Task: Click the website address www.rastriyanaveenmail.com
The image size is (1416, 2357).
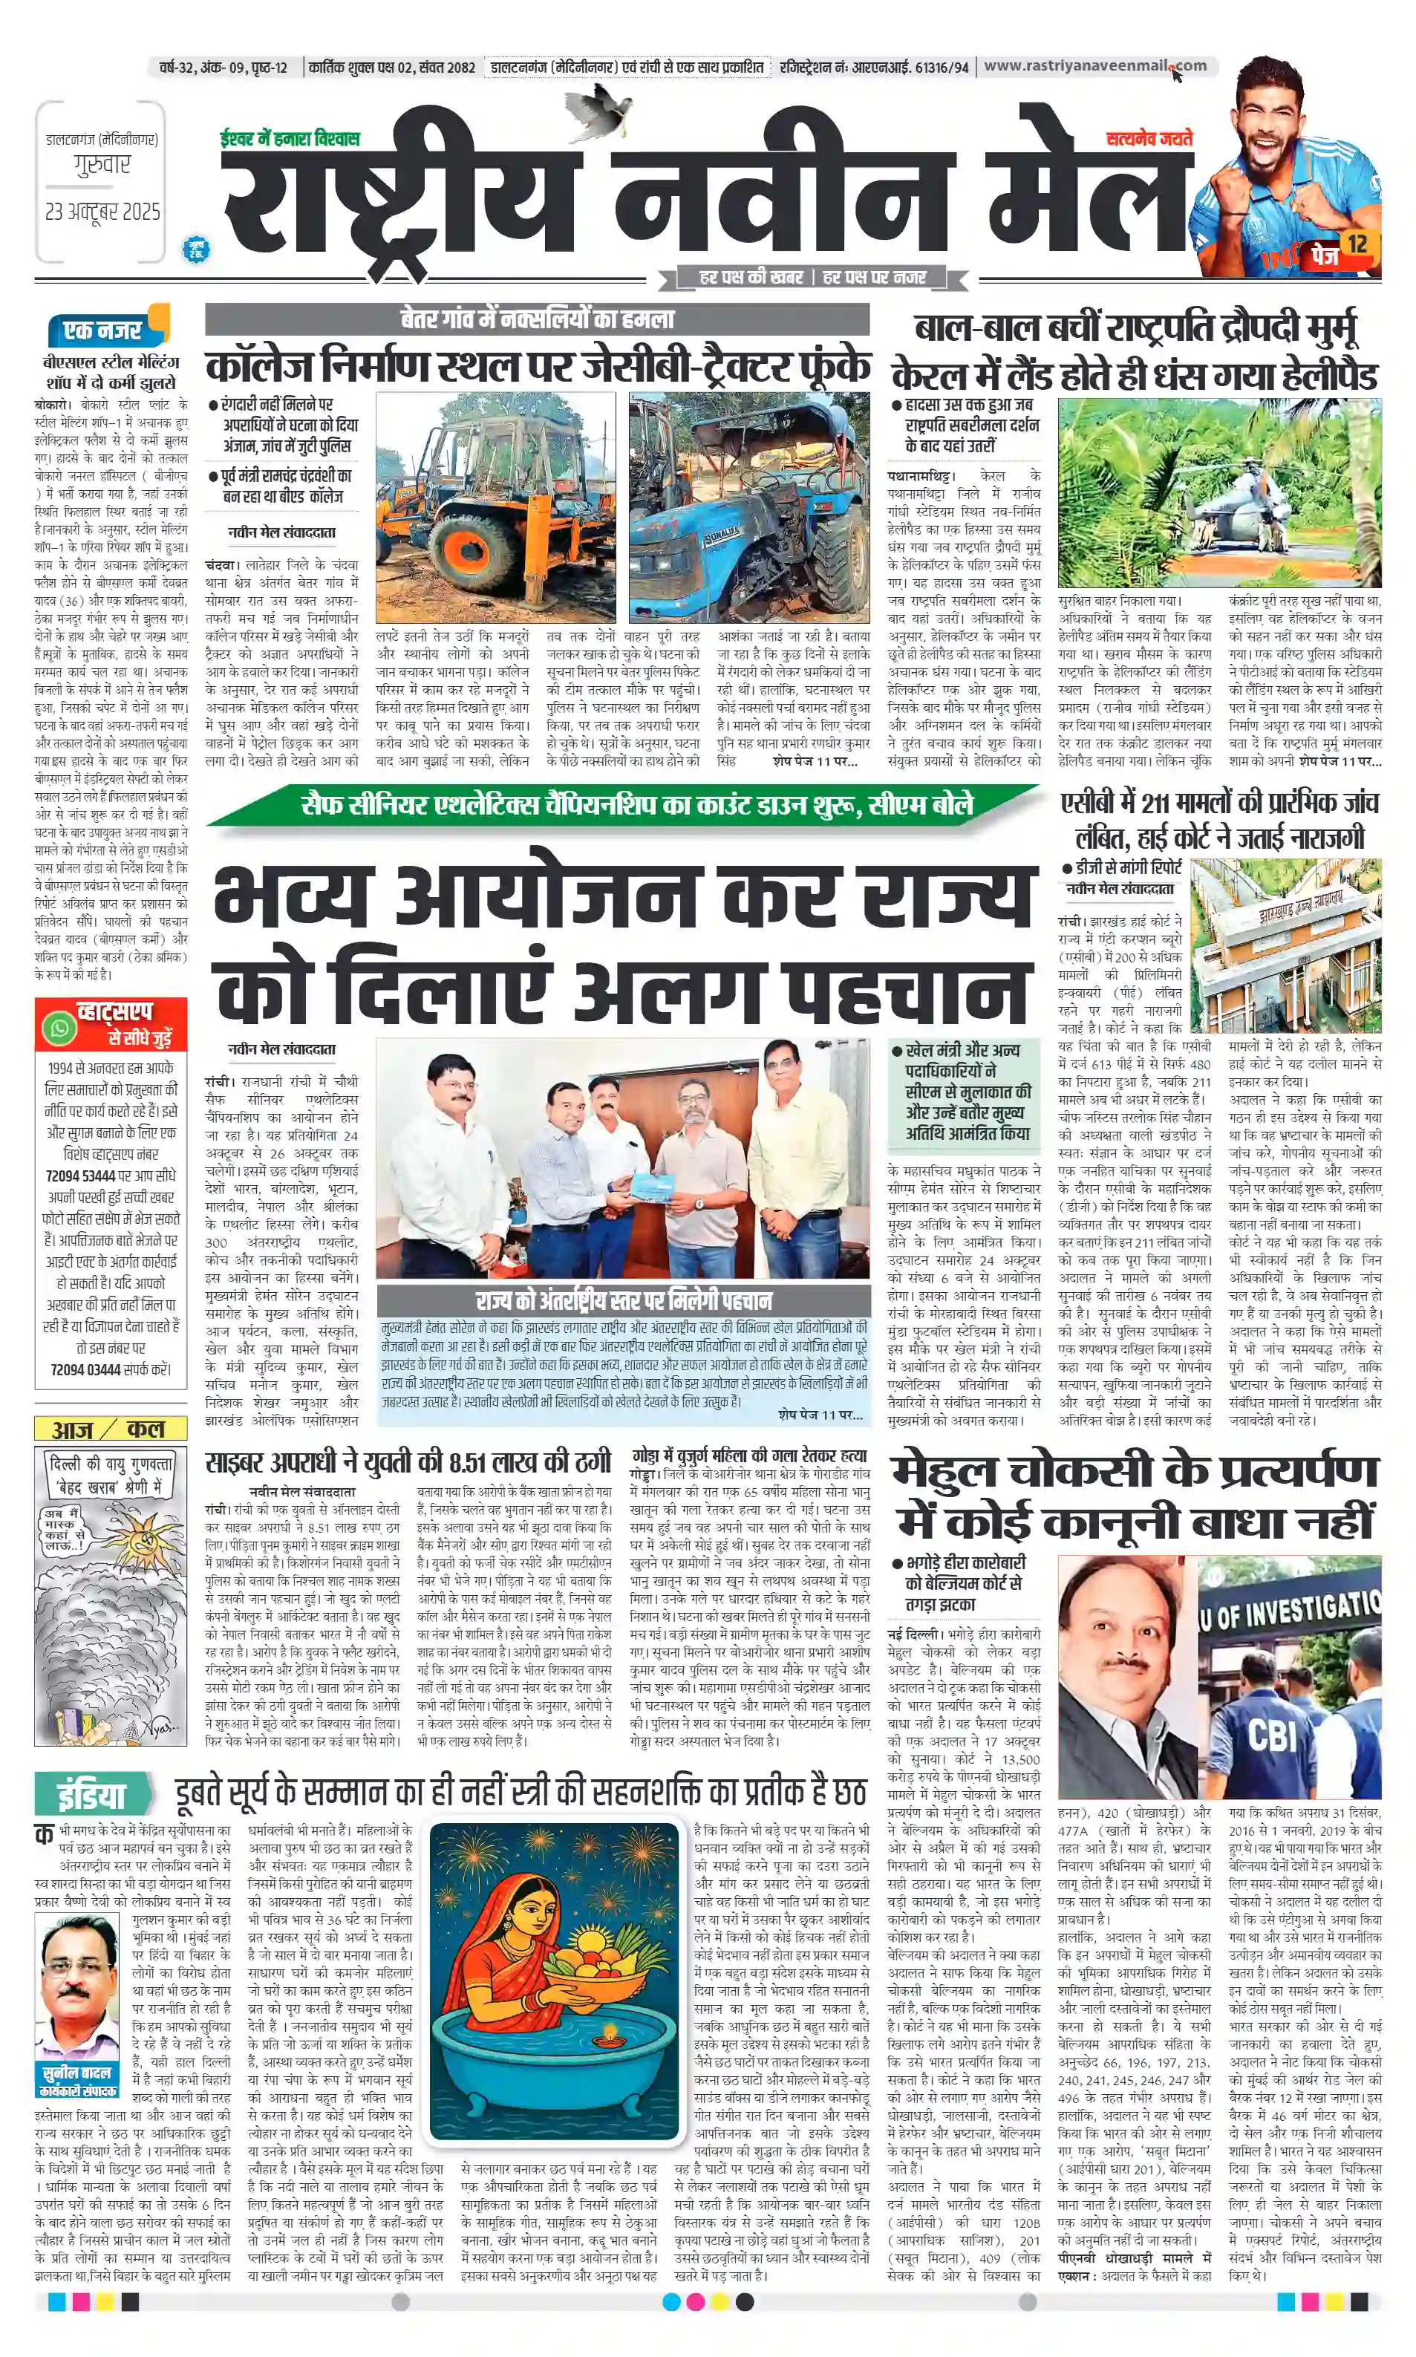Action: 1094,66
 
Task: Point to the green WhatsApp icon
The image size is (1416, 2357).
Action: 60,1028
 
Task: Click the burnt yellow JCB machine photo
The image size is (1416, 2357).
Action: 495,508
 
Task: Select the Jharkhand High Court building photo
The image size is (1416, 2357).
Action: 1286,944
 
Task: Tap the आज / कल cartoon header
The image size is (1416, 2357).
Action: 110,1429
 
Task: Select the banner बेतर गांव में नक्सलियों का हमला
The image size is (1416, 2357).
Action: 537,319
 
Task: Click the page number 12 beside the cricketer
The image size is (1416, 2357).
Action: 1357,244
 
